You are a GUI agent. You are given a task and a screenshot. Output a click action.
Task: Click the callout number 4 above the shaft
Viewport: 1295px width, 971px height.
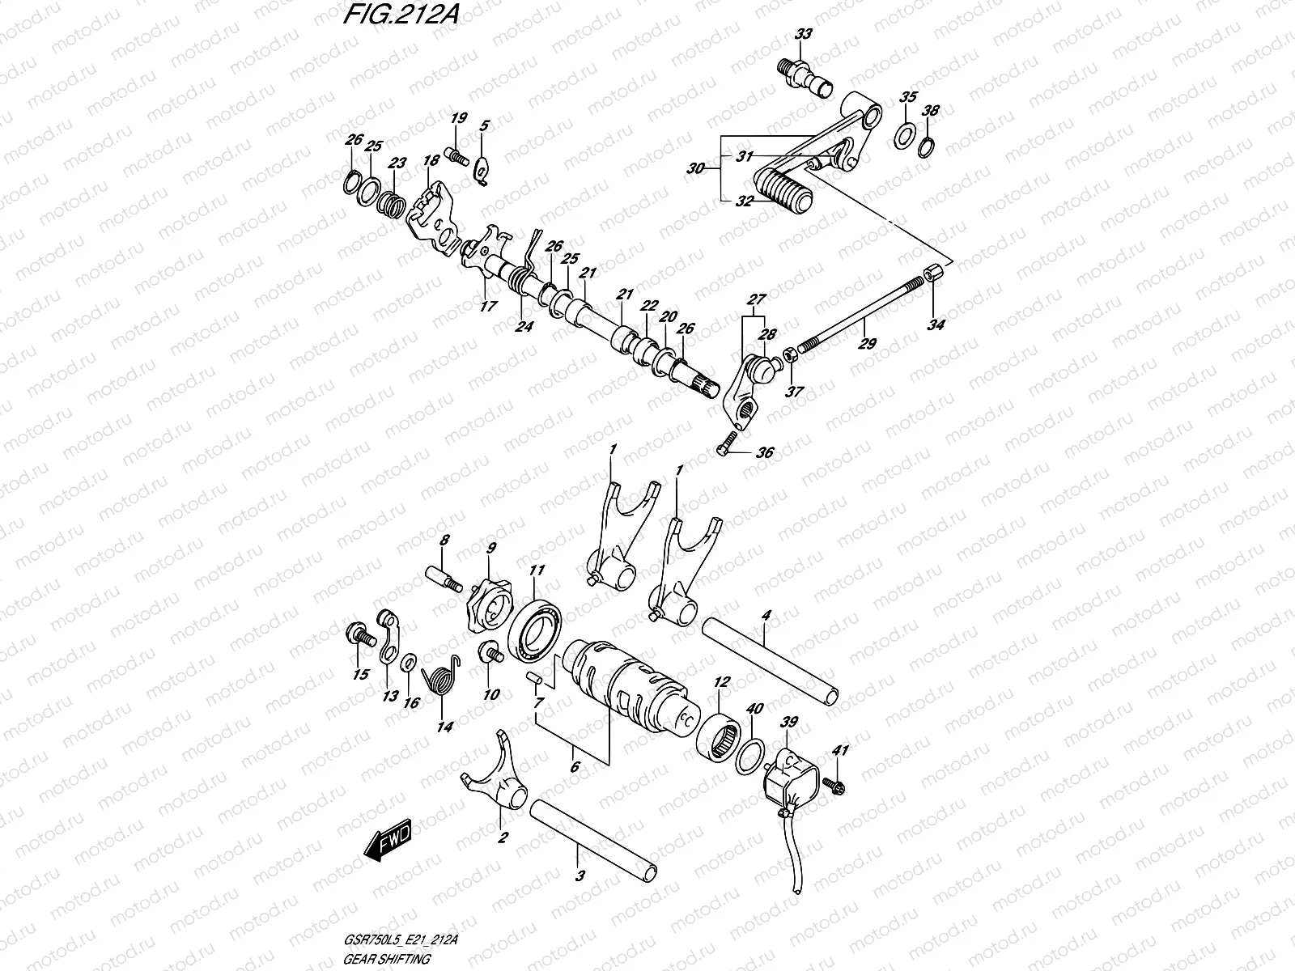pos(766,616)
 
